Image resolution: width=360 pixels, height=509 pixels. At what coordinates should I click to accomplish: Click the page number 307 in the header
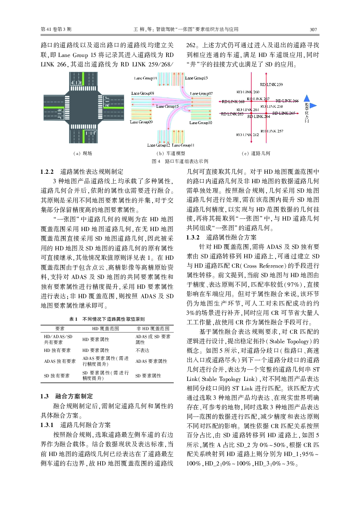pos(313,29)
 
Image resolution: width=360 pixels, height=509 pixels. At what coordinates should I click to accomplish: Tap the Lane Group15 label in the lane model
pos(167,106)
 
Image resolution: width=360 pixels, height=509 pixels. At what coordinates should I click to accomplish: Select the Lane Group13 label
pos(196,78)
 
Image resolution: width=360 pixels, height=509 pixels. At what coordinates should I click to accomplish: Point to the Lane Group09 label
pos(141,122)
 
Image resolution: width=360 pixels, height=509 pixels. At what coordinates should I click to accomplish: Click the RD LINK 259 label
pos(271,85)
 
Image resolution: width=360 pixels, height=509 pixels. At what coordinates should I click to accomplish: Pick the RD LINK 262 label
pos(247,135)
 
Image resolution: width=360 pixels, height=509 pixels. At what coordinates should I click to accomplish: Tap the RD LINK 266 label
pos(287,101)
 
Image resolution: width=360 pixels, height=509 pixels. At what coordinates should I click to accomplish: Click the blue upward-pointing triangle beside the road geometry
pos(307,98)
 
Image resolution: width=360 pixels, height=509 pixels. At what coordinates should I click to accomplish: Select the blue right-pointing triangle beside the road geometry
pos(313,106)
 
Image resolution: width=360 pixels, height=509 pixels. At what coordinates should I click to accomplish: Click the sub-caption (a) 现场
pos(82,153)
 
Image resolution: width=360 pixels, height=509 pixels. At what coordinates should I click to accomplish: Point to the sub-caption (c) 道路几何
pos(256,153)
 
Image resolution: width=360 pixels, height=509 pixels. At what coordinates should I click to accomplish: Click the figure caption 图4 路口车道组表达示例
pos(180,161)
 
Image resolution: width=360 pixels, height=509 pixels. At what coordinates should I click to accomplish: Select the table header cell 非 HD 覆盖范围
pos(153,328)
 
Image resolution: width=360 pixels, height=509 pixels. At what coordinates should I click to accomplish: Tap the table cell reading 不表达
pos(142,350)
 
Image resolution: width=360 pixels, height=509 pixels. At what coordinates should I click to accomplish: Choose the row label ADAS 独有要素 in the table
pos(60,361)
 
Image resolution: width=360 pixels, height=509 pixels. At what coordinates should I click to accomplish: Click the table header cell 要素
pos(60,328)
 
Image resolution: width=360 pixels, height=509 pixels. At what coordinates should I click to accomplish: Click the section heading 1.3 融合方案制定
pos(67,396)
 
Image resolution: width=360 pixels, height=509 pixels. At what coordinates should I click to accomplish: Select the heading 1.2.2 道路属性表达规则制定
pos(82,172)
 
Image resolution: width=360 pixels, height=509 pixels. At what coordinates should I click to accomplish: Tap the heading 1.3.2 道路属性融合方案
pos(221,237)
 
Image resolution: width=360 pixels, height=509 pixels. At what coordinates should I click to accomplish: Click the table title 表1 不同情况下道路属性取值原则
pos(107,319)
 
